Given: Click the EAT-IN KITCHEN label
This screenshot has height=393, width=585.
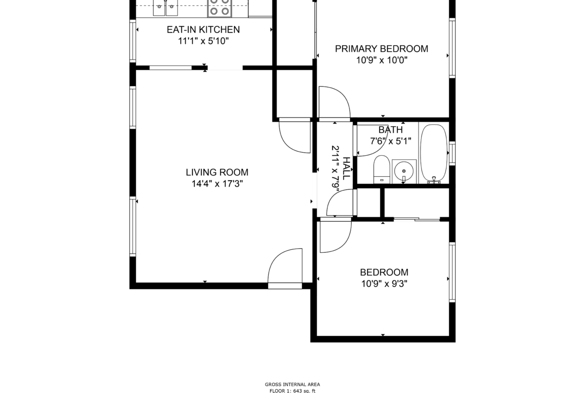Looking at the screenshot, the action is [203, 30].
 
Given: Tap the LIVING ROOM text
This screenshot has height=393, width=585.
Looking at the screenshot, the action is [217, 172].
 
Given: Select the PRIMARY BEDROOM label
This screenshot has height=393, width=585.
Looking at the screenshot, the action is [381, 49].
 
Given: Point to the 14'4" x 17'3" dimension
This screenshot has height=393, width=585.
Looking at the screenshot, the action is [217, 183].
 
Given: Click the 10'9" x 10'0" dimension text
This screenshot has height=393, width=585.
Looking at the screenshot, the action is [381, 60].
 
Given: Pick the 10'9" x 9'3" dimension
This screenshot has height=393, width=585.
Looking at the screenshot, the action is [384, 283].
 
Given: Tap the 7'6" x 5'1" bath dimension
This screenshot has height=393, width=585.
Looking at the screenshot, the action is [390, 141].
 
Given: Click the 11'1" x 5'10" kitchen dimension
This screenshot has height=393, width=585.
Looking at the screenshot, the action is [203, 41].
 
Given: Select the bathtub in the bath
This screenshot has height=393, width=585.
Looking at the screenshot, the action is [433, 153].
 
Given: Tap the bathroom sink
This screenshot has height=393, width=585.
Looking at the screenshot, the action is [404, 172].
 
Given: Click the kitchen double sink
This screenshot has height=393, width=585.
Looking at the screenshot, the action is [165, 8].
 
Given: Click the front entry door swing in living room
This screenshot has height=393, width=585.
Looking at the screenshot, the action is [285, 266].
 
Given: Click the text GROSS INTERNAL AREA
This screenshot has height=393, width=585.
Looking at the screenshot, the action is [292, 384].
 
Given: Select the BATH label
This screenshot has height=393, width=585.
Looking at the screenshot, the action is [390, 130].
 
